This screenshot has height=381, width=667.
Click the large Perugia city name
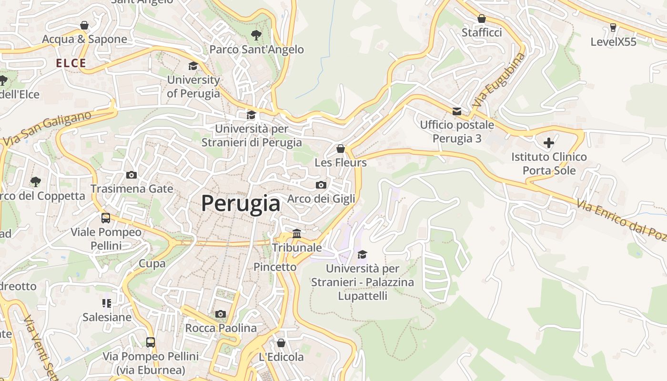tap(241, 204)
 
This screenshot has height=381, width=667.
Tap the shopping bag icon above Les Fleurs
tap(340, 149)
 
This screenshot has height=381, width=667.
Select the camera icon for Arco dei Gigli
tap(321, 185)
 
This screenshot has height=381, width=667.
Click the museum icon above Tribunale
tap(297, 233)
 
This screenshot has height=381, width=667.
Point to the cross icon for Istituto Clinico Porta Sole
tap(549, 142)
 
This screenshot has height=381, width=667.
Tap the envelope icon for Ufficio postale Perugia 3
tap(456, 111)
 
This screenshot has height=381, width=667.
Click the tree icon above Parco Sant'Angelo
tap(256, 35)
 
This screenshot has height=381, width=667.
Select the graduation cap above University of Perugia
tap(193, 66)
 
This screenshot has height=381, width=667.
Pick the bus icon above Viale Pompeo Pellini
tap(106, 218)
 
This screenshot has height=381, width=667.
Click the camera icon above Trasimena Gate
tap(131, 175)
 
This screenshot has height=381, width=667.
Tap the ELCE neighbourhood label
tap(71, 63)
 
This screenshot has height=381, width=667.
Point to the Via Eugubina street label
tap(499, 80)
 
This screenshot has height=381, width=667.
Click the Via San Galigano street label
tap(47, 128)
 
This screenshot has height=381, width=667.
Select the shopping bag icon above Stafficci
tap(482, 19)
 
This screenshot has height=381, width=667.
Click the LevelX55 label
tap(613, 42)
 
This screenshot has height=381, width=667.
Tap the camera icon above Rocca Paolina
tap(220, 314)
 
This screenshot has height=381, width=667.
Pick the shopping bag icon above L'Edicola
tap(281, 343)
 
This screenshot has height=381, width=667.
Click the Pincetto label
tap(275, 267)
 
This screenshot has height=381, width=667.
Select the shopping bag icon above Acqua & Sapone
tap(84, 25)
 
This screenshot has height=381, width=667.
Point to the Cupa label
tap(152, 263)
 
